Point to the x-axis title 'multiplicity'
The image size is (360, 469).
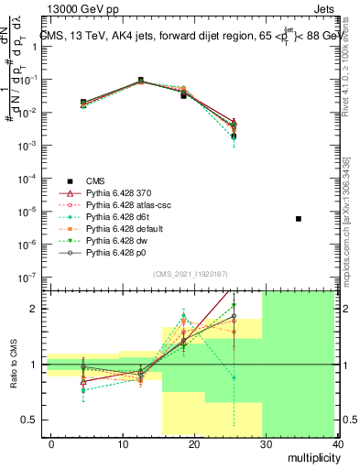click(x=311, y=458)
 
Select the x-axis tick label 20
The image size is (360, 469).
click(x=194, y=444)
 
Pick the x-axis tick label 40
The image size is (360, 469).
click(x=337, y=444)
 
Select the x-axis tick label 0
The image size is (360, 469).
click(x=51, y=444)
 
